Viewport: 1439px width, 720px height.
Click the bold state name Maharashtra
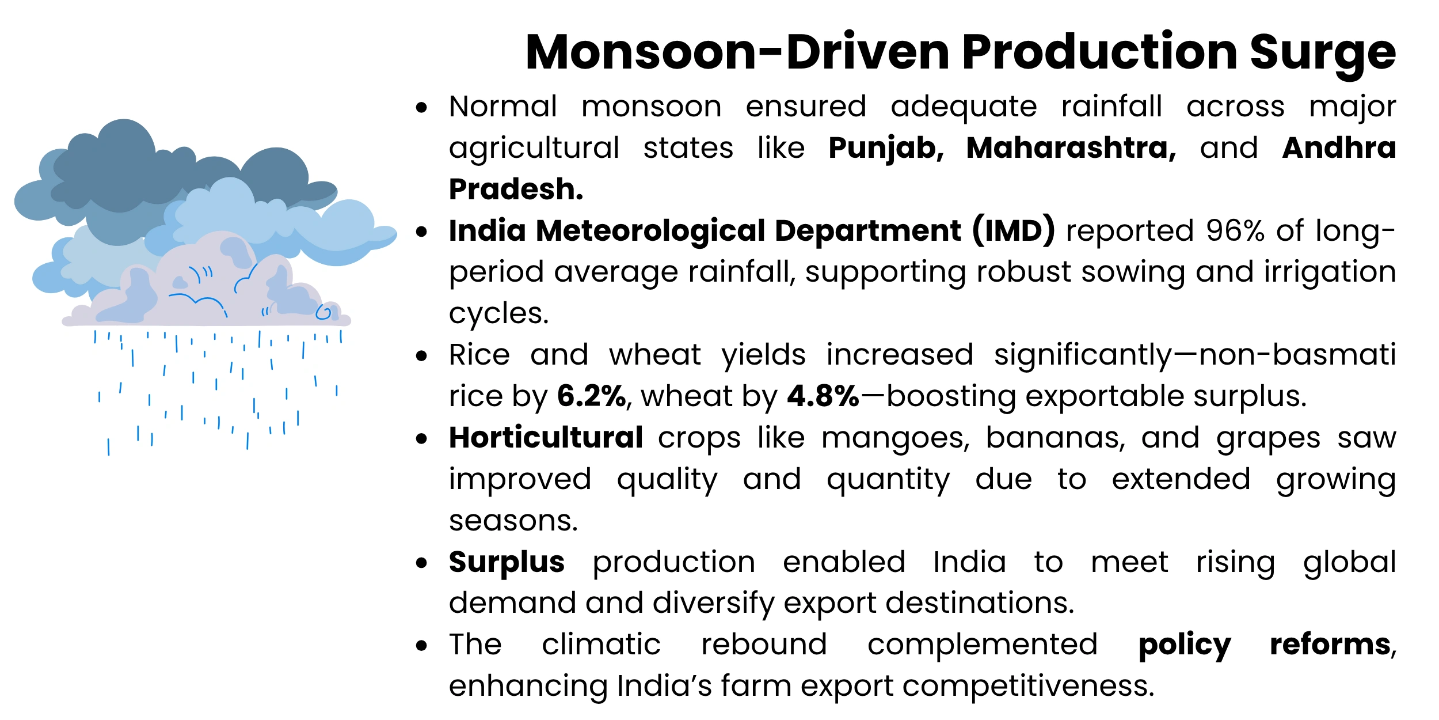coord(1071,149)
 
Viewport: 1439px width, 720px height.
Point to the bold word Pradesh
coord(516,190)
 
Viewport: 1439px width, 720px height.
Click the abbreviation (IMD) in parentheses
coord(1014,231)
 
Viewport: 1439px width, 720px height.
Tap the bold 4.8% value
coord(823,396)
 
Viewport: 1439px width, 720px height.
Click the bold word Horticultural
coord(546,438)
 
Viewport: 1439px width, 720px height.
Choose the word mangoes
coord(895,439)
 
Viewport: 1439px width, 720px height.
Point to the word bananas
coord(1055,438)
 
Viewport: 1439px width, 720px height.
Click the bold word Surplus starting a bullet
coord(507,563)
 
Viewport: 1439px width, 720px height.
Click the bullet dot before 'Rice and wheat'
coord(422,356)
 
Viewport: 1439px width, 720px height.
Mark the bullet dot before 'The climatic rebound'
coord(422,646)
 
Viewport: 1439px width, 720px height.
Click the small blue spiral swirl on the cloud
coord(324,313)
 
